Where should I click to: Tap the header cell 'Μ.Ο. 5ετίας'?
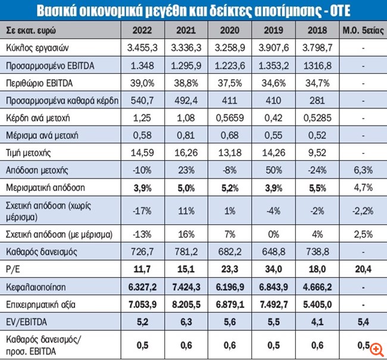(359, 30)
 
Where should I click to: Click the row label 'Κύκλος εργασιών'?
(32, 46)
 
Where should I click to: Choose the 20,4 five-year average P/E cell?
(359, 269)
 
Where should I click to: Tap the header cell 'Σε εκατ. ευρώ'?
(30, 30)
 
